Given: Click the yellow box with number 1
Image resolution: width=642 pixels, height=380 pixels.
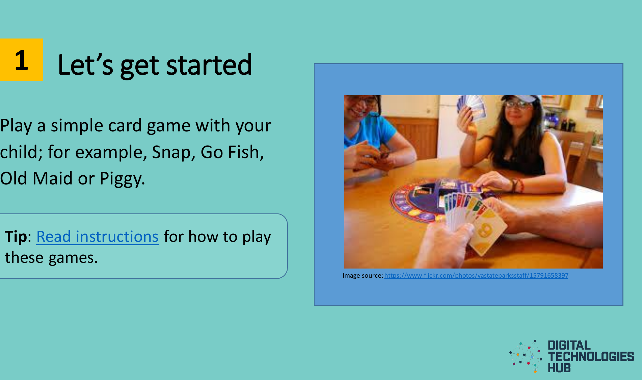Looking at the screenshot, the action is click(21, 59).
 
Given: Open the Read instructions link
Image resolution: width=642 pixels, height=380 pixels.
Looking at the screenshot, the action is click(97, 236).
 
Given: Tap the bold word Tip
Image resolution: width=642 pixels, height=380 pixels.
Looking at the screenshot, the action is click(16, 237).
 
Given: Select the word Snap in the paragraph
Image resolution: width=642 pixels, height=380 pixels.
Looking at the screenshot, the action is click(173, 152).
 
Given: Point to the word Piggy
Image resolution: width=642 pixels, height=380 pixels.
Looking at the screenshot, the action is click(122, 179).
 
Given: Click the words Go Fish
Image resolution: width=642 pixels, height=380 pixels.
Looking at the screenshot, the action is click(232, 152).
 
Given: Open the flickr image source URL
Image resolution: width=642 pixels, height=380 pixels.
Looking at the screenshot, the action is click(476, 275).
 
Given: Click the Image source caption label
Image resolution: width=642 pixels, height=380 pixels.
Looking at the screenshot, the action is click(363, 276).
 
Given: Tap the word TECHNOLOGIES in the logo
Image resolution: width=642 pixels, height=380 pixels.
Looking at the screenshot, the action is click(591, 357).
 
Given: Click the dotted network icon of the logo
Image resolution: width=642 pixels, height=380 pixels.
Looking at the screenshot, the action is click(526, 356).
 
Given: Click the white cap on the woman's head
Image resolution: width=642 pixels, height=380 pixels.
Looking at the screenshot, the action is click(520, 99).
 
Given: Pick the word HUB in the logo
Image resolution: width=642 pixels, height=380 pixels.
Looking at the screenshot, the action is click(559, 368).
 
